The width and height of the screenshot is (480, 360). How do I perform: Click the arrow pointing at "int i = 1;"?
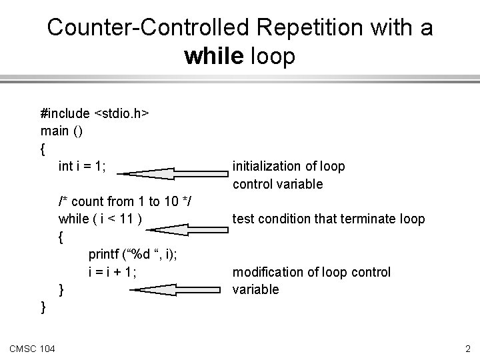click(x=176, y=174)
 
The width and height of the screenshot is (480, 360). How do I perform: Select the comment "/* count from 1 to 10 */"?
click(x=125, y=201)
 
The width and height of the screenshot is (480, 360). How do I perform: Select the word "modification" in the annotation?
click(x=266, y=272)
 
